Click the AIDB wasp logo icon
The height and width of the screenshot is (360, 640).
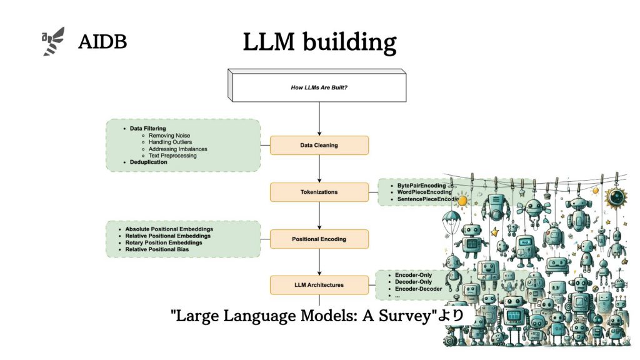53,41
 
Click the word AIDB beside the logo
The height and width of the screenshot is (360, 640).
102,42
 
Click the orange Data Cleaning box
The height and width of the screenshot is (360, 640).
319,145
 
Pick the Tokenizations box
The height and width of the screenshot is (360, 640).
319,192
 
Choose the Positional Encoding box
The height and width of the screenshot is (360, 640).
319,239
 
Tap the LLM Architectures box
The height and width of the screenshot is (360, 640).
319,285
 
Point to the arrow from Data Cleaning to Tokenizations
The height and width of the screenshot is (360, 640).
319,168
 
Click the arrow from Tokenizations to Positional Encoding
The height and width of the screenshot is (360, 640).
319,215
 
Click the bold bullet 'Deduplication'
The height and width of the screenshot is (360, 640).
148,162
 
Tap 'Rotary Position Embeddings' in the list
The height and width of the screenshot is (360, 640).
163,242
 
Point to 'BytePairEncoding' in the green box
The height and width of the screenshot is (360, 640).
422,186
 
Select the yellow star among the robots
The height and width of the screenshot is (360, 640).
495,232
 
